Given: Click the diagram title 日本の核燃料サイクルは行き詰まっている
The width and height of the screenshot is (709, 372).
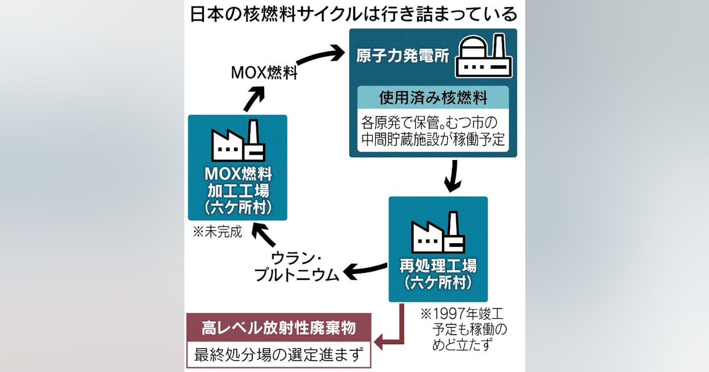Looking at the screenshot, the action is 353,14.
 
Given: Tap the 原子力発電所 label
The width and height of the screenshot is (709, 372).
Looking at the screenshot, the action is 402,56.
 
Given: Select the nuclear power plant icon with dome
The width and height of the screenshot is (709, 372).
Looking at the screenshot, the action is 483,56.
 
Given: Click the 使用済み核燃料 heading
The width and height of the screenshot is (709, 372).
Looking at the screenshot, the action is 433,98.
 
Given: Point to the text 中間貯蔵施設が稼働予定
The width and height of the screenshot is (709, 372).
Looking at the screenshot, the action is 433,139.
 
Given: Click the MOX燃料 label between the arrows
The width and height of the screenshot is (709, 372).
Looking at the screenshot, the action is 264,73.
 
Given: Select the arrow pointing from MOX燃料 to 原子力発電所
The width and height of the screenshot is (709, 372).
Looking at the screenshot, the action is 320,55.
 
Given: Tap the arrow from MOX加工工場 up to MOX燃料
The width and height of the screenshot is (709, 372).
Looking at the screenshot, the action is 254,99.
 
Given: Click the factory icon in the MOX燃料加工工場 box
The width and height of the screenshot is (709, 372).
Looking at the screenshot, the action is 238,141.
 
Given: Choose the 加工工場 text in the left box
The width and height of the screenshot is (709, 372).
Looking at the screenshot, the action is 238,191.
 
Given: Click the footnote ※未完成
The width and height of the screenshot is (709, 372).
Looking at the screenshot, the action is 217,232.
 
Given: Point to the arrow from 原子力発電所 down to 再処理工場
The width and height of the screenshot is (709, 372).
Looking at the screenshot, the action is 453,176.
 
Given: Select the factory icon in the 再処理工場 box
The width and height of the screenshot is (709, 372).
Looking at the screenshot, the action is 438,232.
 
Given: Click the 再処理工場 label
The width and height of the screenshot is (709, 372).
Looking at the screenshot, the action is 438,266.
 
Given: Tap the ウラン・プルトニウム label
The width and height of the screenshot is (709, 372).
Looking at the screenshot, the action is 297,266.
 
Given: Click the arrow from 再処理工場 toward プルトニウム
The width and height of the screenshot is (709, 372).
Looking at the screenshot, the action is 365,272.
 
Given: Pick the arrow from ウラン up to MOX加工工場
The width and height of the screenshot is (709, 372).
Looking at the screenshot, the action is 264,234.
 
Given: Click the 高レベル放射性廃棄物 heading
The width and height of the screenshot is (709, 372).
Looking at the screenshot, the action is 278,328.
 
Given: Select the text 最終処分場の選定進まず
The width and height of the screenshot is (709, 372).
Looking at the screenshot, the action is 278,355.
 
